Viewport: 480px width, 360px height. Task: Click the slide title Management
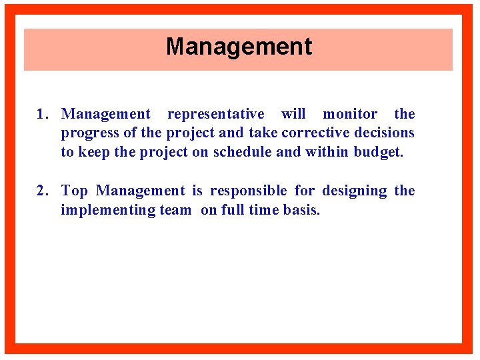click(239, 47)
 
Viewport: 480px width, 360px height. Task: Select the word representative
click(215, 115)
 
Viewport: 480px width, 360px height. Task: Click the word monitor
click(350, 115)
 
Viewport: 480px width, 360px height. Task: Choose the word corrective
click(317, 133)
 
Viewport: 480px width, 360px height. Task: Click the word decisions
click(385, 133)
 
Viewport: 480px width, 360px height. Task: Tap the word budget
click(378, 152)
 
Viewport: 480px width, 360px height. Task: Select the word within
click(327, 151)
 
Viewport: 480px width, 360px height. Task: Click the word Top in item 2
click(74, 191)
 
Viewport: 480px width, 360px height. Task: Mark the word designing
click(354, 191)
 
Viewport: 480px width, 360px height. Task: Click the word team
click(175, 211)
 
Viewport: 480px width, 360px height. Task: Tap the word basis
click(303, 211)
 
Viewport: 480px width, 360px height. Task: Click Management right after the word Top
click(141, 191)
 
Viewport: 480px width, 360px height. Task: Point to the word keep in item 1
click(94, 152)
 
